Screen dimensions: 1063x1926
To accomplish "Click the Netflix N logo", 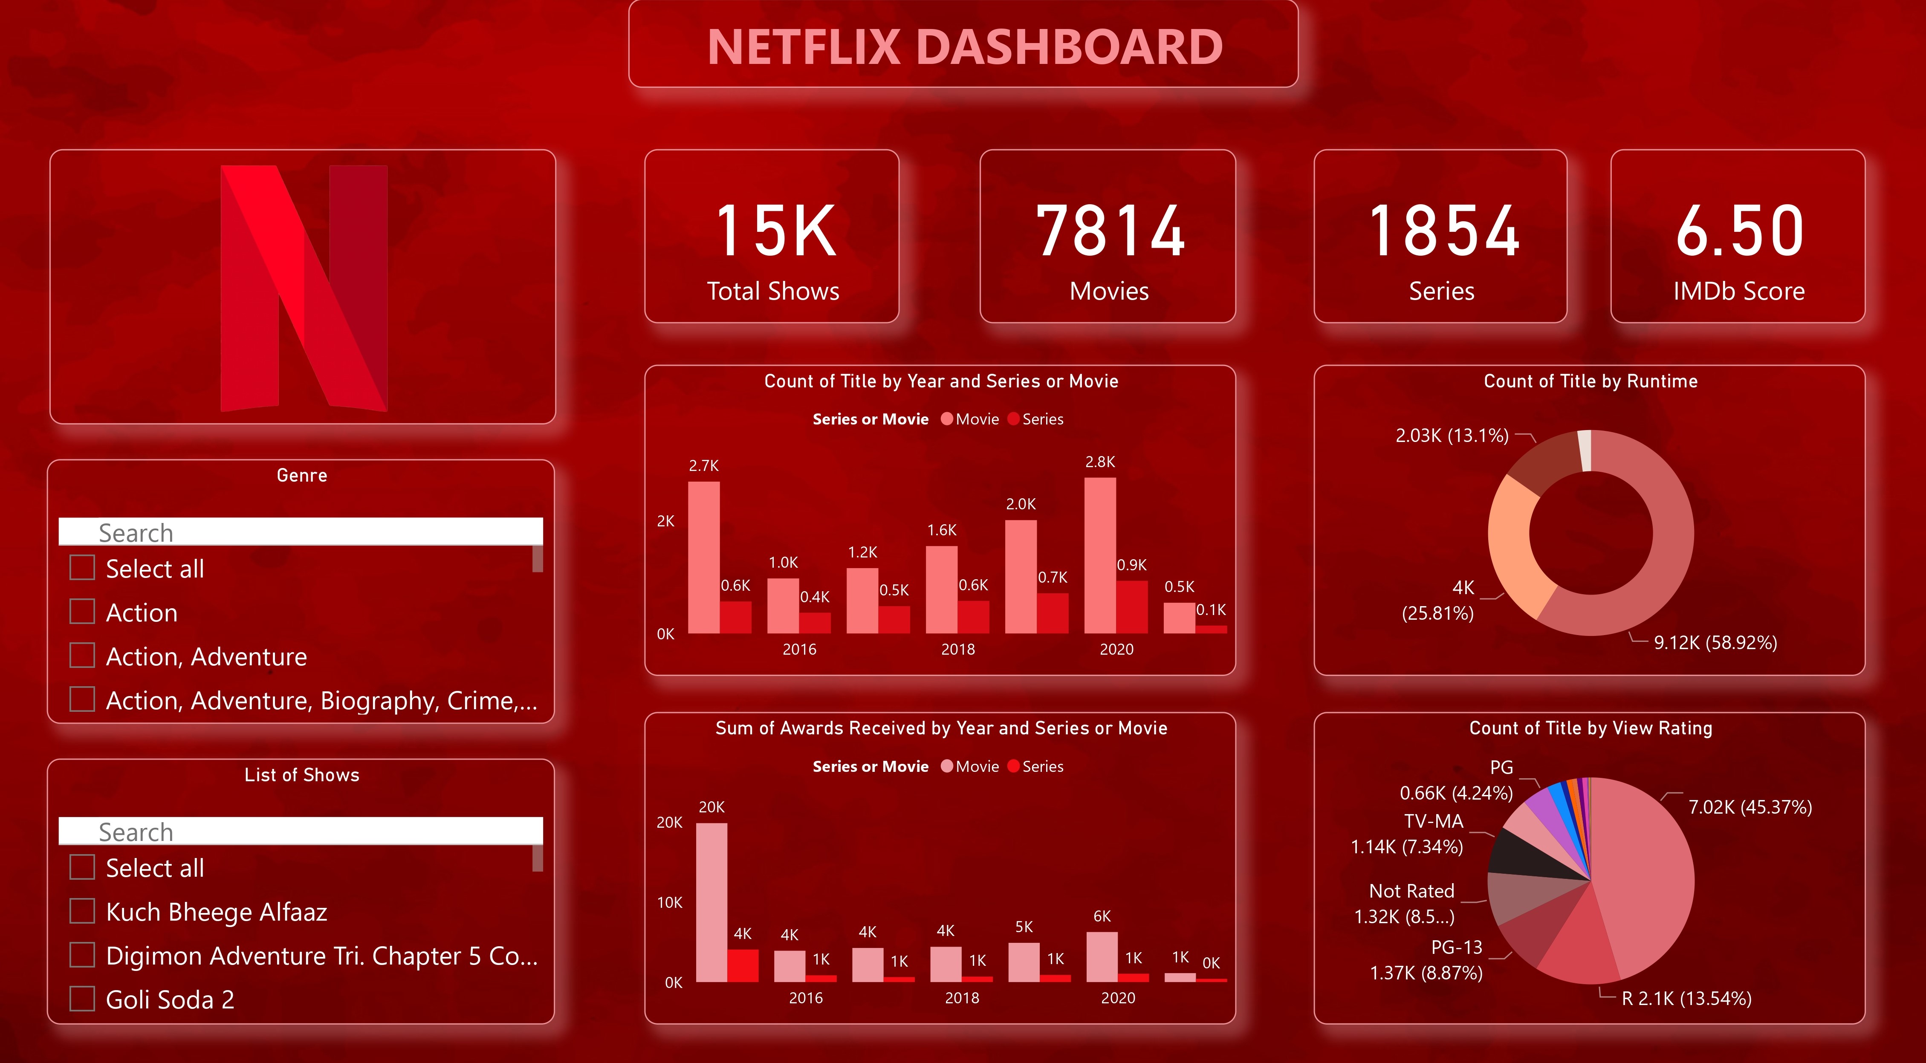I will click(x=304, y=288).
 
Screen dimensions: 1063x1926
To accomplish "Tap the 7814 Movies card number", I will click(x=1110, y=232).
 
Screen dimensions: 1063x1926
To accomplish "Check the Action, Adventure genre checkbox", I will click(x=82, y=656).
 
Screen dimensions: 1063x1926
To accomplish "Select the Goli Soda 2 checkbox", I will click(x=82, y=999).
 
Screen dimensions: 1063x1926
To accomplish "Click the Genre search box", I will click(x=301, y=532).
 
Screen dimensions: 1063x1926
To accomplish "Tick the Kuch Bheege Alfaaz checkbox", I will click(x=82, y=911).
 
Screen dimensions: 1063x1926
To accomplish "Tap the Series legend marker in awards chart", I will click(x=1014, y=766).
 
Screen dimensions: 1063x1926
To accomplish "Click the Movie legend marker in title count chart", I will click(x=946, y=419).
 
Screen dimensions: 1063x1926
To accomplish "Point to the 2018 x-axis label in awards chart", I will click(x=961, y=998).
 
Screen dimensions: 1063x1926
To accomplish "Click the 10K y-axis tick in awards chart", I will click(x=669, y=902).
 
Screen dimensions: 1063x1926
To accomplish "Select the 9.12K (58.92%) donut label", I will click(x=1715, y=643).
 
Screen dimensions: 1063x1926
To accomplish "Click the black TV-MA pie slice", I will click(x=1525, y=855).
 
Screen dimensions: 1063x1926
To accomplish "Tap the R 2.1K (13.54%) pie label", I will click(x=1686, y=999).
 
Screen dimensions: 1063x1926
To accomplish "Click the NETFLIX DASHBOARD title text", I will click(x=964, y=46).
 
